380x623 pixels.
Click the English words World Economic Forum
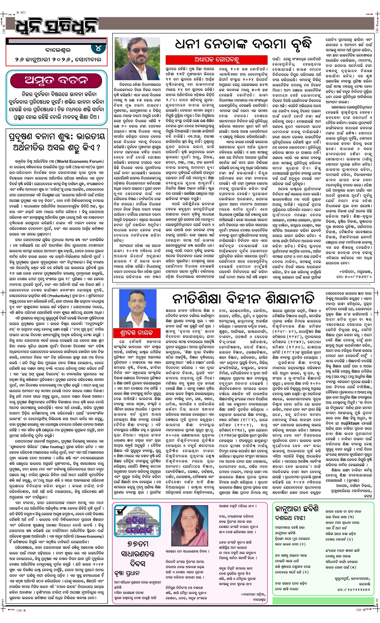coord(80,161)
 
